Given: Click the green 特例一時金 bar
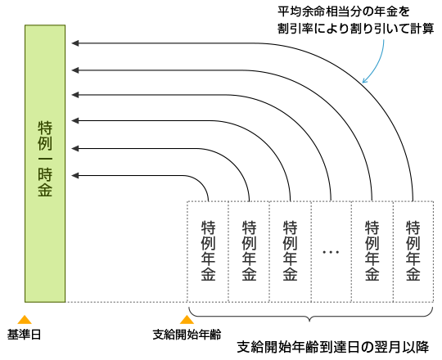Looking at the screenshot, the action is (x=45, y=164).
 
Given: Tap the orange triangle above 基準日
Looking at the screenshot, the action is (x=25, y=320).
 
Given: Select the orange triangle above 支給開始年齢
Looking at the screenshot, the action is (x=187, y=320).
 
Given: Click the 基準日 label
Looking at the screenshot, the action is (x=24, y=335).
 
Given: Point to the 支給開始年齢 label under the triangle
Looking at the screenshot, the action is (x=187, y=335).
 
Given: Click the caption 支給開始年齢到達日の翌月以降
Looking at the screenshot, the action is (x=333, y=348).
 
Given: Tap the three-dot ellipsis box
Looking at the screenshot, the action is (x=331, y=252).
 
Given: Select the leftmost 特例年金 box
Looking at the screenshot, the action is (x=208, y=252).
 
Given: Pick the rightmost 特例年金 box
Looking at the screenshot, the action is (x=413, y=252).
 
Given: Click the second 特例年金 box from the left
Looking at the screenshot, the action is (x=249, y=252).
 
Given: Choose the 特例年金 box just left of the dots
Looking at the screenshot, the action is (x=291, y=252).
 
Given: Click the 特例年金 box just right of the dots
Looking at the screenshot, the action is (x=372, y=252).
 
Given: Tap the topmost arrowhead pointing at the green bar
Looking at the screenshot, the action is (x=75, y=43).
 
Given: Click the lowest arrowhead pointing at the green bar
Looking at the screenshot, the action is (x=75, y=176).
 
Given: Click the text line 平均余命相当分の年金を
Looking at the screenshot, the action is (x=343, y=11).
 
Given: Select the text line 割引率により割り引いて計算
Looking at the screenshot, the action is (x=355, y=28).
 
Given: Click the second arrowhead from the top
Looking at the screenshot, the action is (x=75, y=70).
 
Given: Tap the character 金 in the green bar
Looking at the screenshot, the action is (x=45, y=189).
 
